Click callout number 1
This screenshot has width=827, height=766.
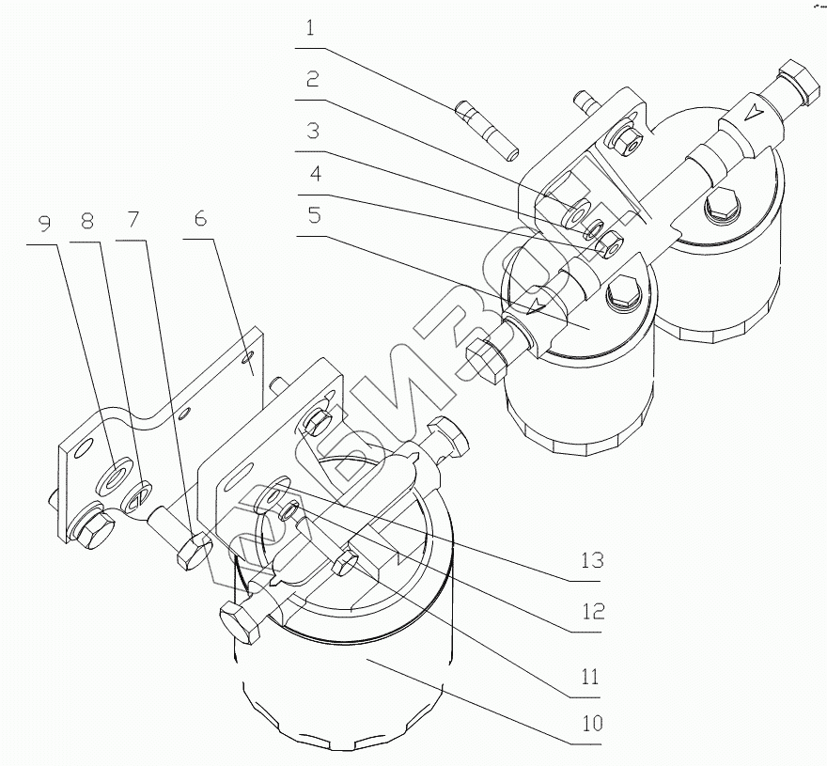[x=311, y=29]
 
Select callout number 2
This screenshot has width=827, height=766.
[x=311, y=80]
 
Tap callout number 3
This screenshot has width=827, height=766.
[x=311, y=131]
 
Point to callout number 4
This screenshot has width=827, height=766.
[x=311, y=175]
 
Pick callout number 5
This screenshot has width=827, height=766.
[x=311, y=215]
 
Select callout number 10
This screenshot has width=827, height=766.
[x=591, y=725]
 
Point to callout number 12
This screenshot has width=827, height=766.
[x=591, y=612]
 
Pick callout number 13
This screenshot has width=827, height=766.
[x=591, y=563]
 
